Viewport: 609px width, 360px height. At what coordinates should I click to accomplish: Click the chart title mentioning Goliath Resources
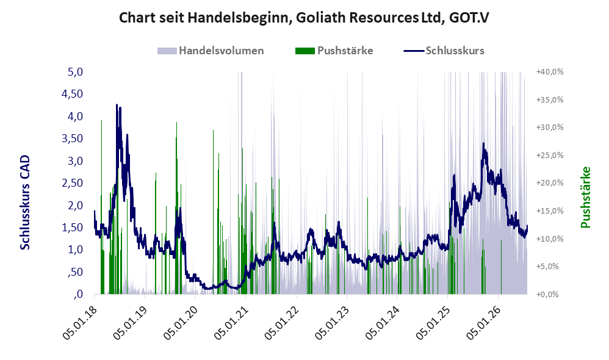click(x=304, y=18)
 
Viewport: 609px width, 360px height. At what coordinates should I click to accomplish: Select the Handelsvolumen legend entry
click(x=211, y=51)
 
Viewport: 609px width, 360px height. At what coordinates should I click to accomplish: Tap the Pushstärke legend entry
click(x=334, y=51)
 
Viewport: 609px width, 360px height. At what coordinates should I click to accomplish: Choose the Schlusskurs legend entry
click(x=444, y=51)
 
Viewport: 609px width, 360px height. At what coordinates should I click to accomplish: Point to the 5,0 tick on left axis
click(x=75, y=72)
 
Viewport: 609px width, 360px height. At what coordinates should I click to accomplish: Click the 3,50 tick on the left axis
click(x=72, y=139)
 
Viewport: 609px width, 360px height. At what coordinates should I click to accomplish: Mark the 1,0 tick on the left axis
click(x=75, y=250)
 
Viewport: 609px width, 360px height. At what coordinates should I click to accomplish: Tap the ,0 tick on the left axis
click(x=77, y=294)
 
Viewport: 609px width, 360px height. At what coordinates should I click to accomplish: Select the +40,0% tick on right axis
click(x=550, y=72)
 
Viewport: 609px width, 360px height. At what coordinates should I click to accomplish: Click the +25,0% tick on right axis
click(x=550, y=156)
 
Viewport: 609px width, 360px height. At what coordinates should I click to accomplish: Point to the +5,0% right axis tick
click(x=547, y=267)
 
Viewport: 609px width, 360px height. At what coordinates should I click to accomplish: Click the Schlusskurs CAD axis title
click(x=25, y=203)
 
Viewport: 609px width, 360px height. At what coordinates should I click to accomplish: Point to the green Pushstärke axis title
click(x=585, y=197)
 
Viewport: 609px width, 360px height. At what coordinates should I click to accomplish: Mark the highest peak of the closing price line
click(x=117, y=105)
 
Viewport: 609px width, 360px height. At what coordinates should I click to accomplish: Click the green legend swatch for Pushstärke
click(x=305, y=51)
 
